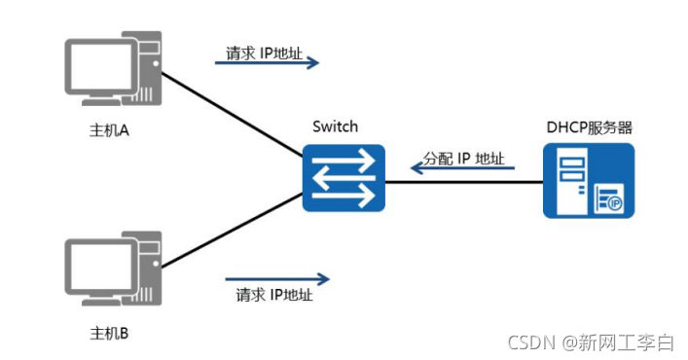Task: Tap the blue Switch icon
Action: pyautogui.click(x=343, y=178)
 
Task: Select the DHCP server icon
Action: pyautogui.click(x=588, y=180)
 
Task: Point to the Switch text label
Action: pyautogui.click(x=336, y=126)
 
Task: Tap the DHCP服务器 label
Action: pyautogui.click(x=589, y=126)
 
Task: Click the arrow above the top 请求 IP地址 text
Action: pyautogui.click(x=267, y=63)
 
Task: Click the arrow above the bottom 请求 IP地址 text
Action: pyautogui.click(x=277, y=278)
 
